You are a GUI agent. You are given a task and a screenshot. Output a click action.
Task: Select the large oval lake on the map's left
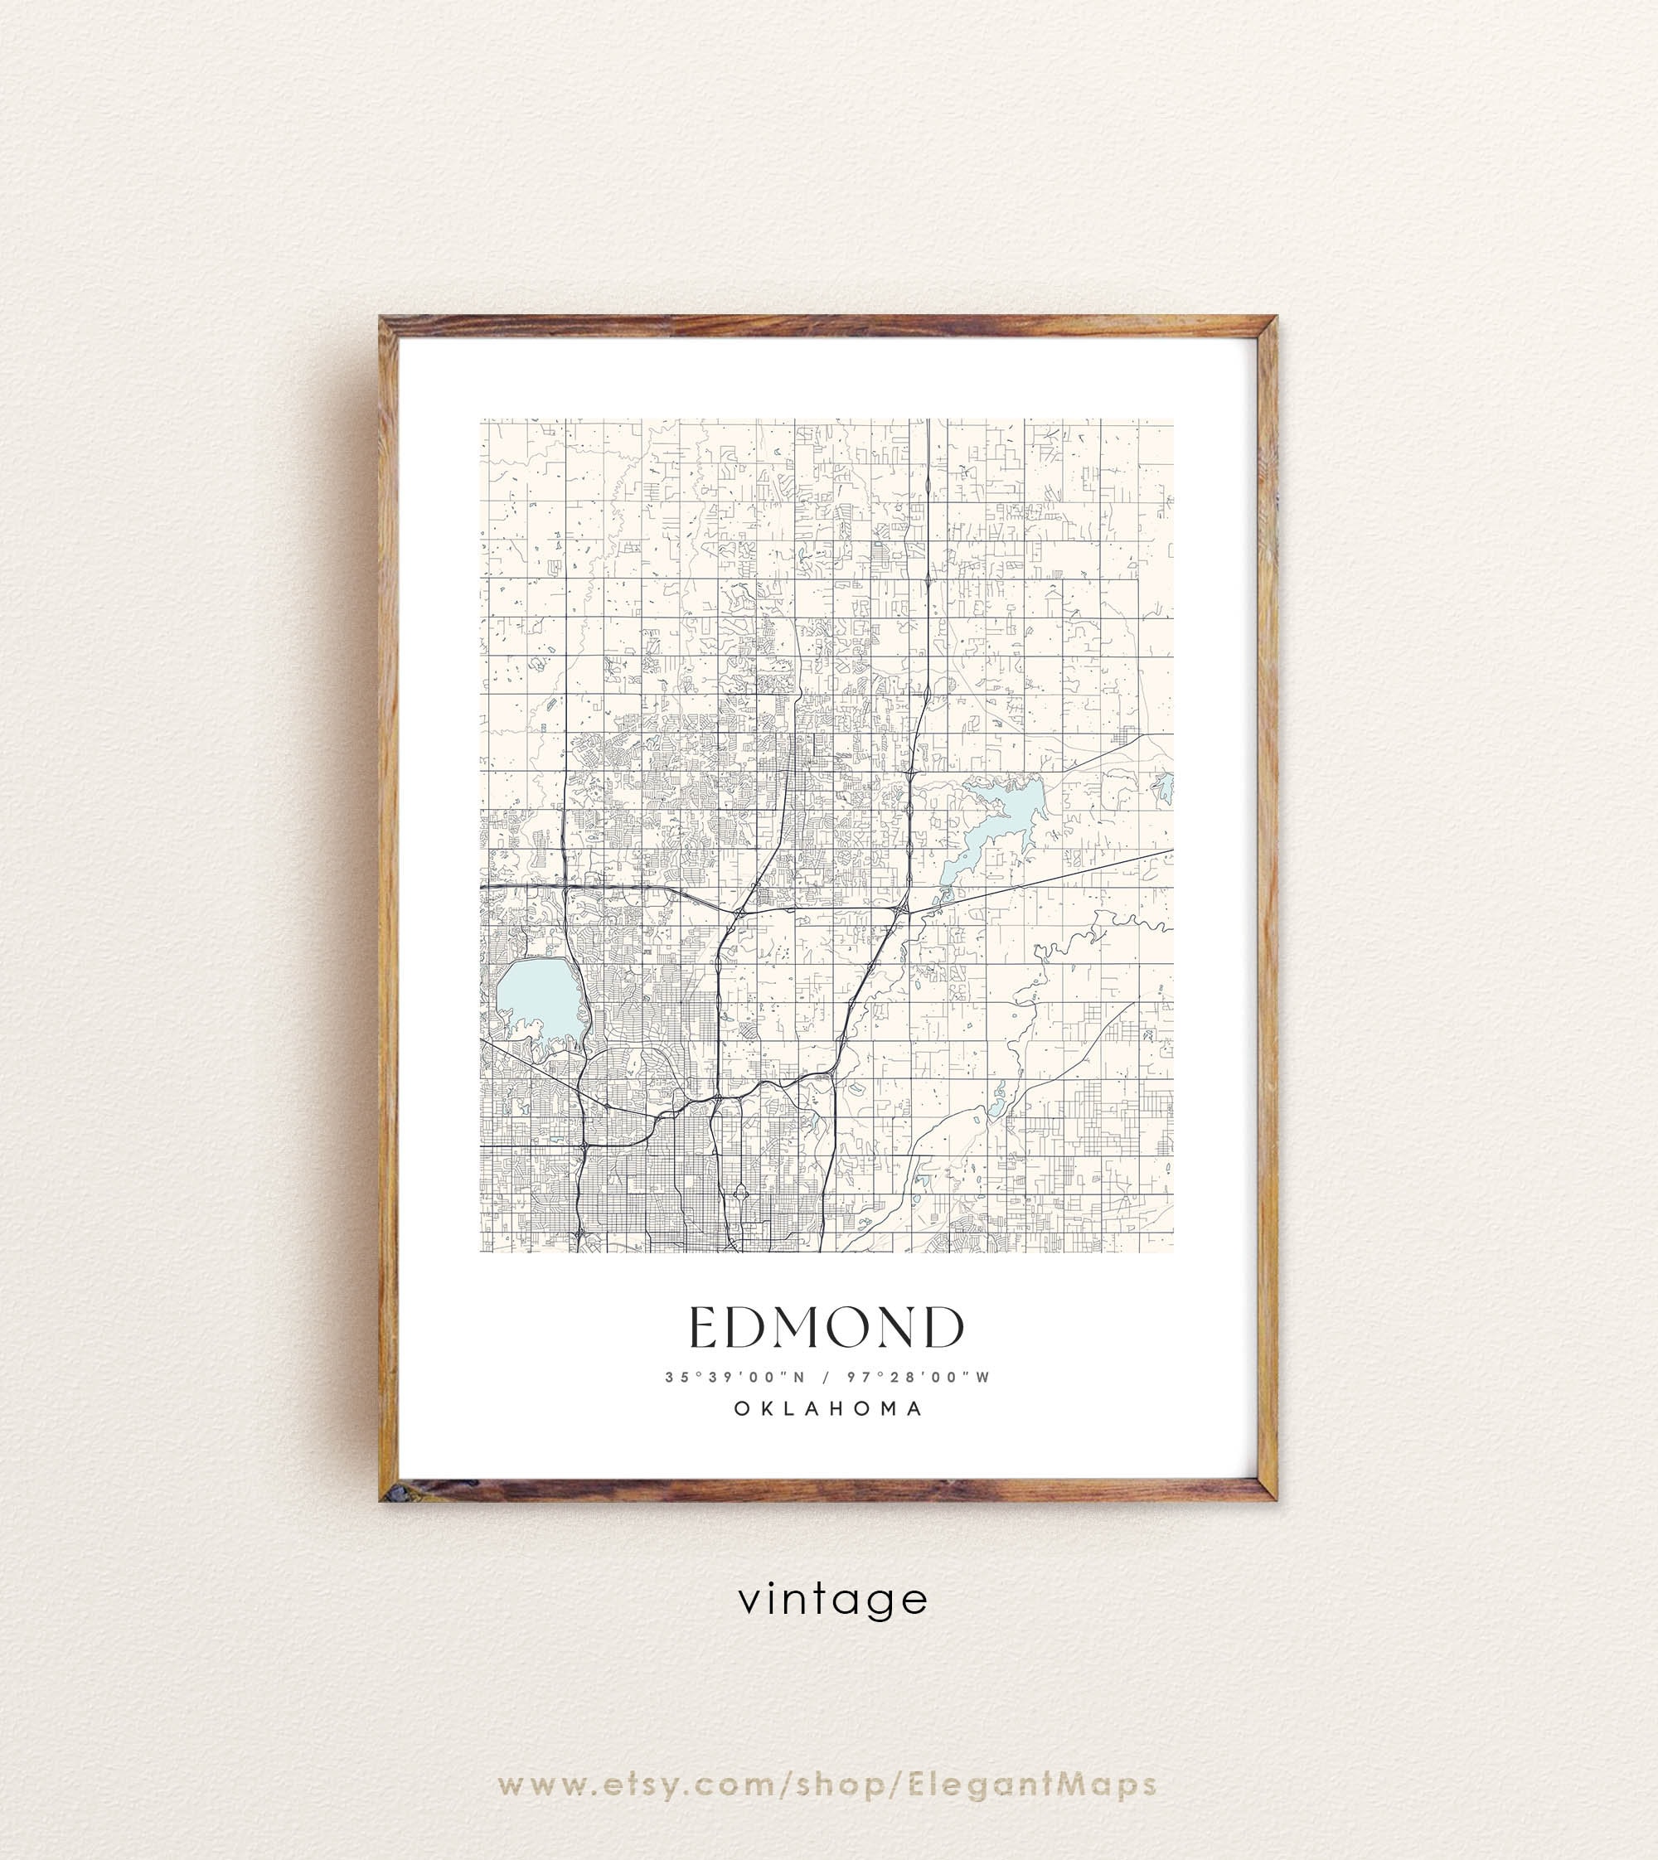538,1000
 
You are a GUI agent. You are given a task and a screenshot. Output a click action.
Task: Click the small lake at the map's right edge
1163,788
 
